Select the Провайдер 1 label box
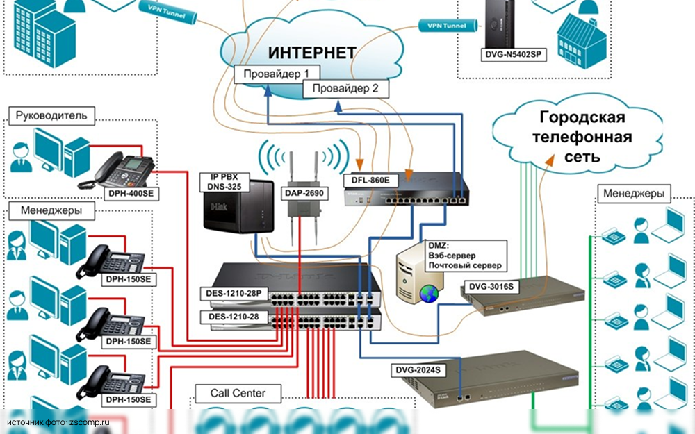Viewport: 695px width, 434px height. [277, 74]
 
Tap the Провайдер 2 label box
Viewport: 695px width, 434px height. [345, 89]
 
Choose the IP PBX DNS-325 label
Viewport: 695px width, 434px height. [222, 183]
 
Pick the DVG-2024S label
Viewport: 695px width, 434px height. [418, 371]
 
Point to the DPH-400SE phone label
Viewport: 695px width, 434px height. [130, 193]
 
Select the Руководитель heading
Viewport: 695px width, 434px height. [51, 115]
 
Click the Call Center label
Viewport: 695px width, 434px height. [238, 394]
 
